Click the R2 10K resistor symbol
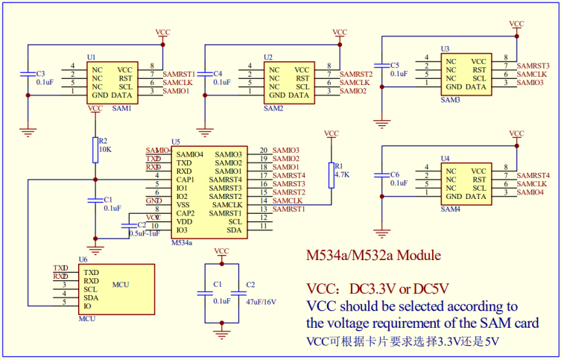pyautogui.click(x=95, y=146)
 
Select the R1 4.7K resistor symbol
pyautogui.click(x=332, y=174)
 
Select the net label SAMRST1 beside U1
pyautogui.click(x=179, y=75)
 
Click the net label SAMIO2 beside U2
pyautogui.click(x=353, y=91)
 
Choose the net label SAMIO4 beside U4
pyautogui.click(x=530, y=192)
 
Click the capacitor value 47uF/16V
pyautogui.click(x=260, y=301)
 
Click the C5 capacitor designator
pyautogui.click(x=395, y=66)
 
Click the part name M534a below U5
pyautogui.click(x=182, y=242)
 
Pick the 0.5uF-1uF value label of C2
pyautogui.click(x=144, y=233)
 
